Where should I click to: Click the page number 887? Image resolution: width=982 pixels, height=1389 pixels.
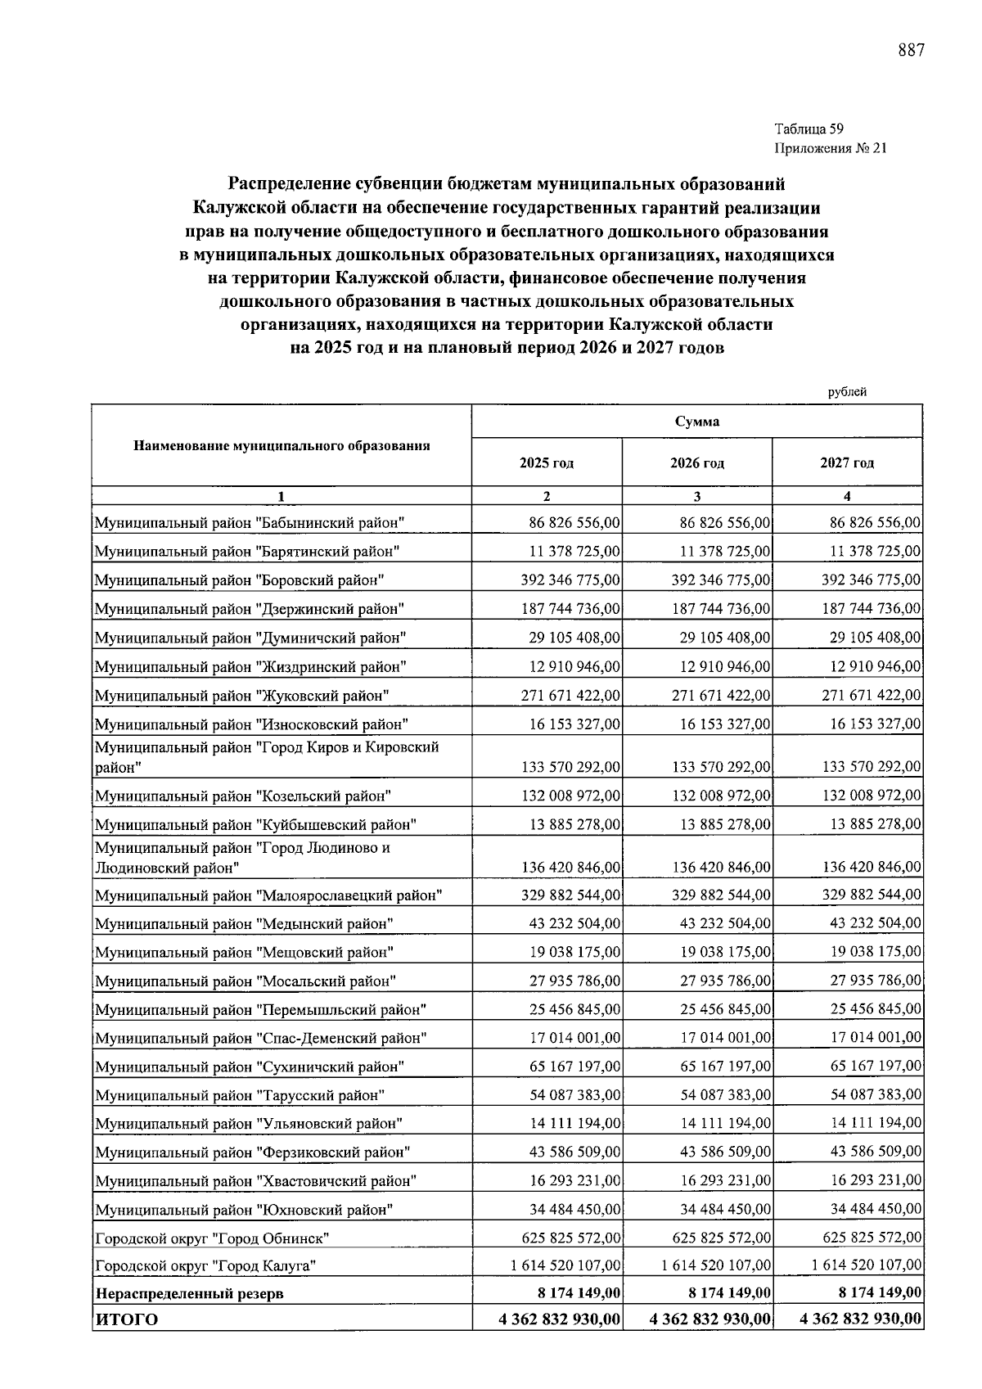coord(911,51)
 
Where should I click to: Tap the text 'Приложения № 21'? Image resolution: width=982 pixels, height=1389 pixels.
coord(830,148)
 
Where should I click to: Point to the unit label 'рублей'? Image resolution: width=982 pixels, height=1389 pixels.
coord(847,392)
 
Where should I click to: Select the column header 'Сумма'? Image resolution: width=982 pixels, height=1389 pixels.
coord(696,422)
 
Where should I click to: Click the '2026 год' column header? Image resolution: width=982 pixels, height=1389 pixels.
coord(696,463)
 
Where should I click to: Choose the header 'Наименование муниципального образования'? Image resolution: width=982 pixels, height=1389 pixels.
coord(282,446)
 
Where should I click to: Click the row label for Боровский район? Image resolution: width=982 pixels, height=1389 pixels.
coord(239,580)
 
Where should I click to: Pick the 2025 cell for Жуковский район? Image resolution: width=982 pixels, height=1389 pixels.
coord(570,696)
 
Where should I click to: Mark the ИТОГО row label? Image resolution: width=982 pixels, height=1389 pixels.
coord(127,1319)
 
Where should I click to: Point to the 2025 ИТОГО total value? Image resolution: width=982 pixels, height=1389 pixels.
coord(559,1319)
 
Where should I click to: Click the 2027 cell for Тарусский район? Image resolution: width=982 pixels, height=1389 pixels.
coord(875,1095)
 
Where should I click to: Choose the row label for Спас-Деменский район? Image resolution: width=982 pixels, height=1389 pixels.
coord(261,1039)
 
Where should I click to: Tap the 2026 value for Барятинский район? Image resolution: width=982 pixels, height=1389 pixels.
coord(725,552)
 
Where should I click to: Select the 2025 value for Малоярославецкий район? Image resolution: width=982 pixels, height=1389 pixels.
coord(570,895)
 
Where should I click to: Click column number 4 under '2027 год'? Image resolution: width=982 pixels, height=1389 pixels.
coord(847,496)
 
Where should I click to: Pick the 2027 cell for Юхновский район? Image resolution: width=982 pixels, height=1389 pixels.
coord(875,1209)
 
